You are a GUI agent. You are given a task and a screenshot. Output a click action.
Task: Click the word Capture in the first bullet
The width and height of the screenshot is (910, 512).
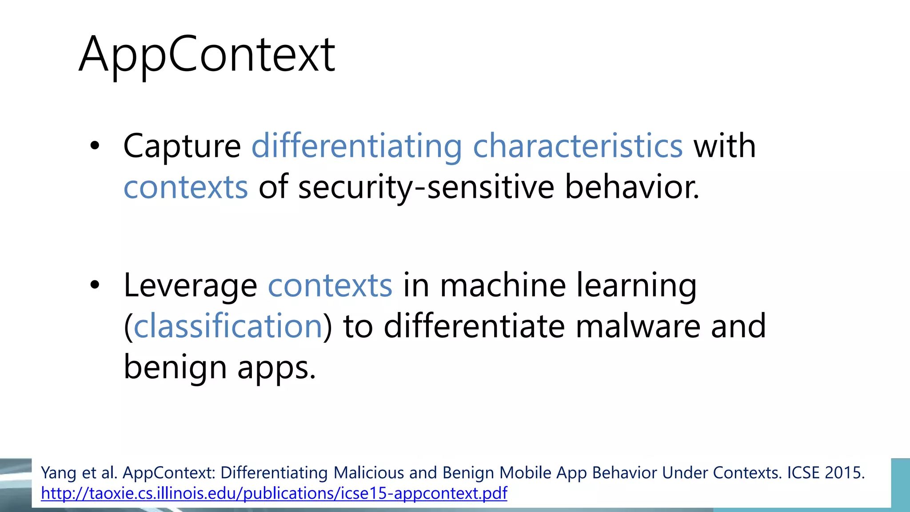(182, 146)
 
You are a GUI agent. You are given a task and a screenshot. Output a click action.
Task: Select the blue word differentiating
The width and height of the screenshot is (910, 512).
(357, 146)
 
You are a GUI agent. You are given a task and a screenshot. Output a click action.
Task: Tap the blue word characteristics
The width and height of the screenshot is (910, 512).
(578, 146)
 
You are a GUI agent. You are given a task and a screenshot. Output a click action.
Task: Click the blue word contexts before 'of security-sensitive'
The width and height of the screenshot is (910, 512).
(185, 187)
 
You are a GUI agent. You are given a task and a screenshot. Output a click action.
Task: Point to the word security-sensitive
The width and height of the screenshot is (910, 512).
(426, 187)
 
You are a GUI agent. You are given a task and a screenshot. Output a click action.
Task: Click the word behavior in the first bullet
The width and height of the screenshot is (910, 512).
(631, 187)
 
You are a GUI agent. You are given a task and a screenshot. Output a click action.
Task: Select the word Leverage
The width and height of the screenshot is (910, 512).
(190, 285)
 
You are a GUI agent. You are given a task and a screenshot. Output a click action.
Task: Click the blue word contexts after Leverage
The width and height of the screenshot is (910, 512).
(330, 285)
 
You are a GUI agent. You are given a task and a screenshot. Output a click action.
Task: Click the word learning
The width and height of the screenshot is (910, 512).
(636, 285)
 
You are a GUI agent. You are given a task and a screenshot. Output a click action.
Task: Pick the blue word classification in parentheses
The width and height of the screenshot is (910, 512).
(228, 326)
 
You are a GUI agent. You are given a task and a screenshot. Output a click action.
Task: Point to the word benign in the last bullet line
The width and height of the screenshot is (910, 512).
(175, 368)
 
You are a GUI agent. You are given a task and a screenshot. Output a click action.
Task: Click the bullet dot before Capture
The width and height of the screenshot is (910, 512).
(95, 146)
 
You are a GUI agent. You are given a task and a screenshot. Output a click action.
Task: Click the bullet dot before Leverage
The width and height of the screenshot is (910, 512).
(95, 285)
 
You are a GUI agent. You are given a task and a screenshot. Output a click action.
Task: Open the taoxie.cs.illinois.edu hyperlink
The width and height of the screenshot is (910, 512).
(274, 493)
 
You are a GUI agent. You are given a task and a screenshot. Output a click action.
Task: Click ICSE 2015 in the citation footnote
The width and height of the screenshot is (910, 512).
(826, 472)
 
